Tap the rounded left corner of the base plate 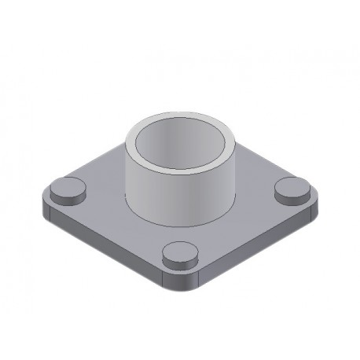[x=44, y=206]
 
